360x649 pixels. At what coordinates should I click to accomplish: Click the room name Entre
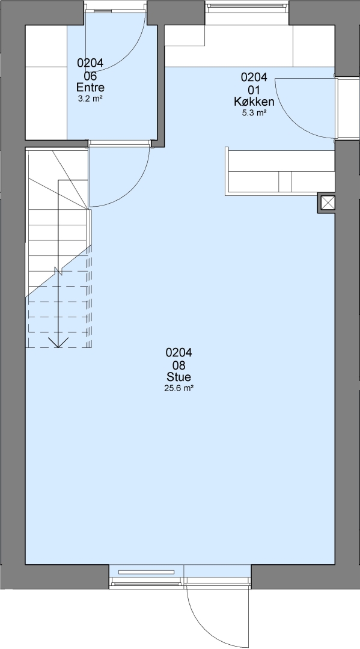point(90,87)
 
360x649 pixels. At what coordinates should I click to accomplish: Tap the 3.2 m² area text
point(90,99)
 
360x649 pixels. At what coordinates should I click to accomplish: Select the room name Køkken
point(254,102)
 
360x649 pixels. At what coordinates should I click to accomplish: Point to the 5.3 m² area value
point(254,112)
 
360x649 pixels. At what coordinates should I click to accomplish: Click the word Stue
point(178,377)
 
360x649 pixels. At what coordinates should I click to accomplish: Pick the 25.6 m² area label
point(178,388)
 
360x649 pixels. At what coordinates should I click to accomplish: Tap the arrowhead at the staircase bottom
point(58,343)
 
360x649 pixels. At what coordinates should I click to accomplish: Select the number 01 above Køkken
point(254,90)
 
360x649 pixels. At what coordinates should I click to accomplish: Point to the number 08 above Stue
point(178,365)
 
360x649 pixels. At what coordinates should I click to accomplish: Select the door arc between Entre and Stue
point(133,187)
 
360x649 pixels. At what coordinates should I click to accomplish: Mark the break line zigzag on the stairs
point(58,271)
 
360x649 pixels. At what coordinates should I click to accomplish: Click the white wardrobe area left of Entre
point(46,82)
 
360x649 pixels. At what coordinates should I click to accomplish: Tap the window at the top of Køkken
point(247,5)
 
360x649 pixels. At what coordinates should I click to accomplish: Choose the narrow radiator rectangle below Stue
point(147,572)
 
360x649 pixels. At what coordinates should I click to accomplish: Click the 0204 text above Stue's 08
point(178,353)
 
